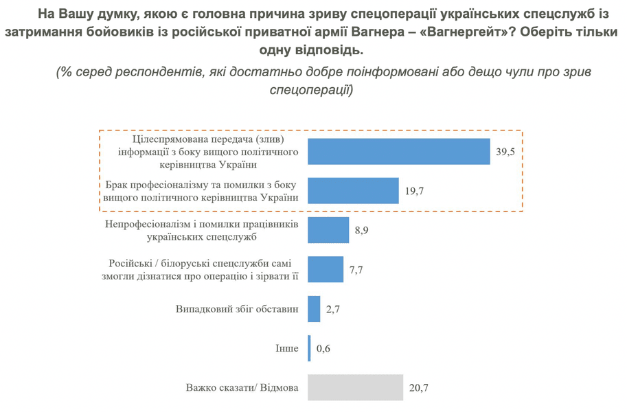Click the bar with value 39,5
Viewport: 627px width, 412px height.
[x=398, y=151]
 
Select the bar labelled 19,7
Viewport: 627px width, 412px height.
[x=353, y=190]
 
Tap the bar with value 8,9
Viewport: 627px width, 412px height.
[x=328, y=230]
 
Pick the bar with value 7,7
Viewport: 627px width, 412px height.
[x=326, y=269]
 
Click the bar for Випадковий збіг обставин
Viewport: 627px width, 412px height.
[x=314, y=309]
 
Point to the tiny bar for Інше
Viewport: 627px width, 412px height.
[x=310, y=348]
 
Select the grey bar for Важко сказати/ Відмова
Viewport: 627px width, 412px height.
[x=355, y=387]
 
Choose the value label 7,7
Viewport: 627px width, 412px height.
[x=356, y=270]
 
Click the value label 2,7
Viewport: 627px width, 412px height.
[x=334, y=310]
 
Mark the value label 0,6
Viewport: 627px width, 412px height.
[x=324, y=349]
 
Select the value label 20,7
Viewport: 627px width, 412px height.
[x=418, y=388]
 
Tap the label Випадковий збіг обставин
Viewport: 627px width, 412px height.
[x=237, y=309]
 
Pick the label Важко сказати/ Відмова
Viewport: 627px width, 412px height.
[x=242, y=387]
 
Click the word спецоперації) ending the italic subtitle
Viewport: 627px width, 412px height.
[x=311, y=89]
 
